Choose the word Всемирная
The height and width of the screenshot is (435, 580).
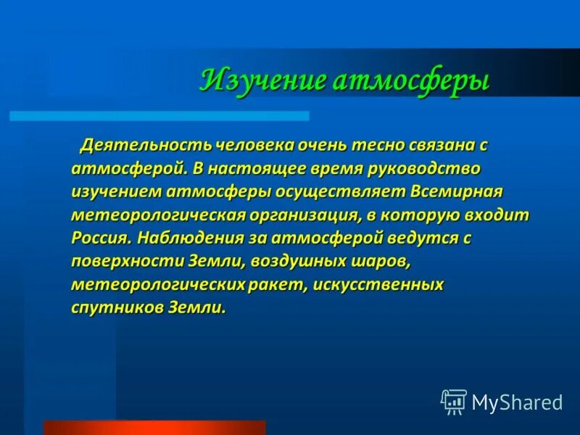(456, 192)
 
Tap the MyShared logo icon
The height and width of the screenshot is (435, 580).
(454, 401)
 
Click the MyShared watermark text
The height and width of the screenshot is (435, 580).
(517, 402)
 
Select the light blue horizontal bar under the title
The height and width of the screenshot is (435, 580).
(159, 116)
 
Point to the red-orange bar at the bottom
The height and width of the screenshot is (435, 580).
(154, 428)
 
